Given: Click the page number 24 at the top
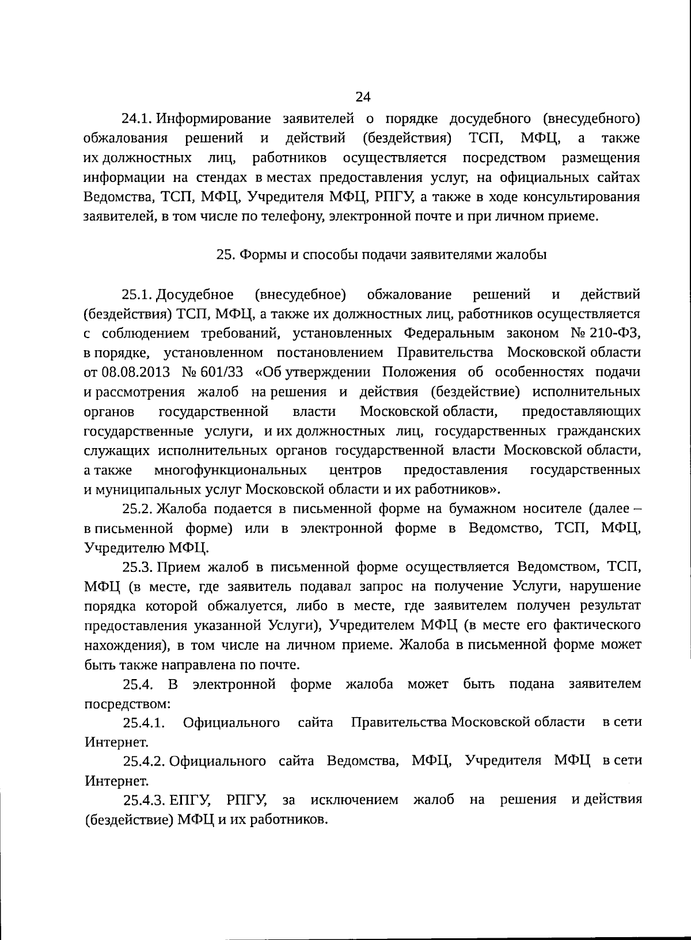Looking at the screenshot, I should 363,97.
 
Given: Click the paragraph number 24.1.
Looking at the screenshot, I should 137,119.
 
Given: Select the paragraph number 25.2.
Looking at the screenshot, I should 137,509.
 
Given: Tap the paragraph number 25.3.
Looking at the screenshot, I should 137,567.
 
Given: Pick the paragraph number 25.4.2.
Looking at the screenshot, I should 144,761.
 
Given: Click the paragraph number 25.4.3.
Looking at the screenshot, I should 144,801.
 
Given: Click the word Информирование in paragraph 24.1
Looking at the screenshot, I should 213,119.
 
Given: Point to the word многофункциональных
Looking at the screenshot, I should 230,470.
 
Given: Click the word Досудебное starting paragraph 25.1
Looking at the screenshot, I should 195,295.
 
